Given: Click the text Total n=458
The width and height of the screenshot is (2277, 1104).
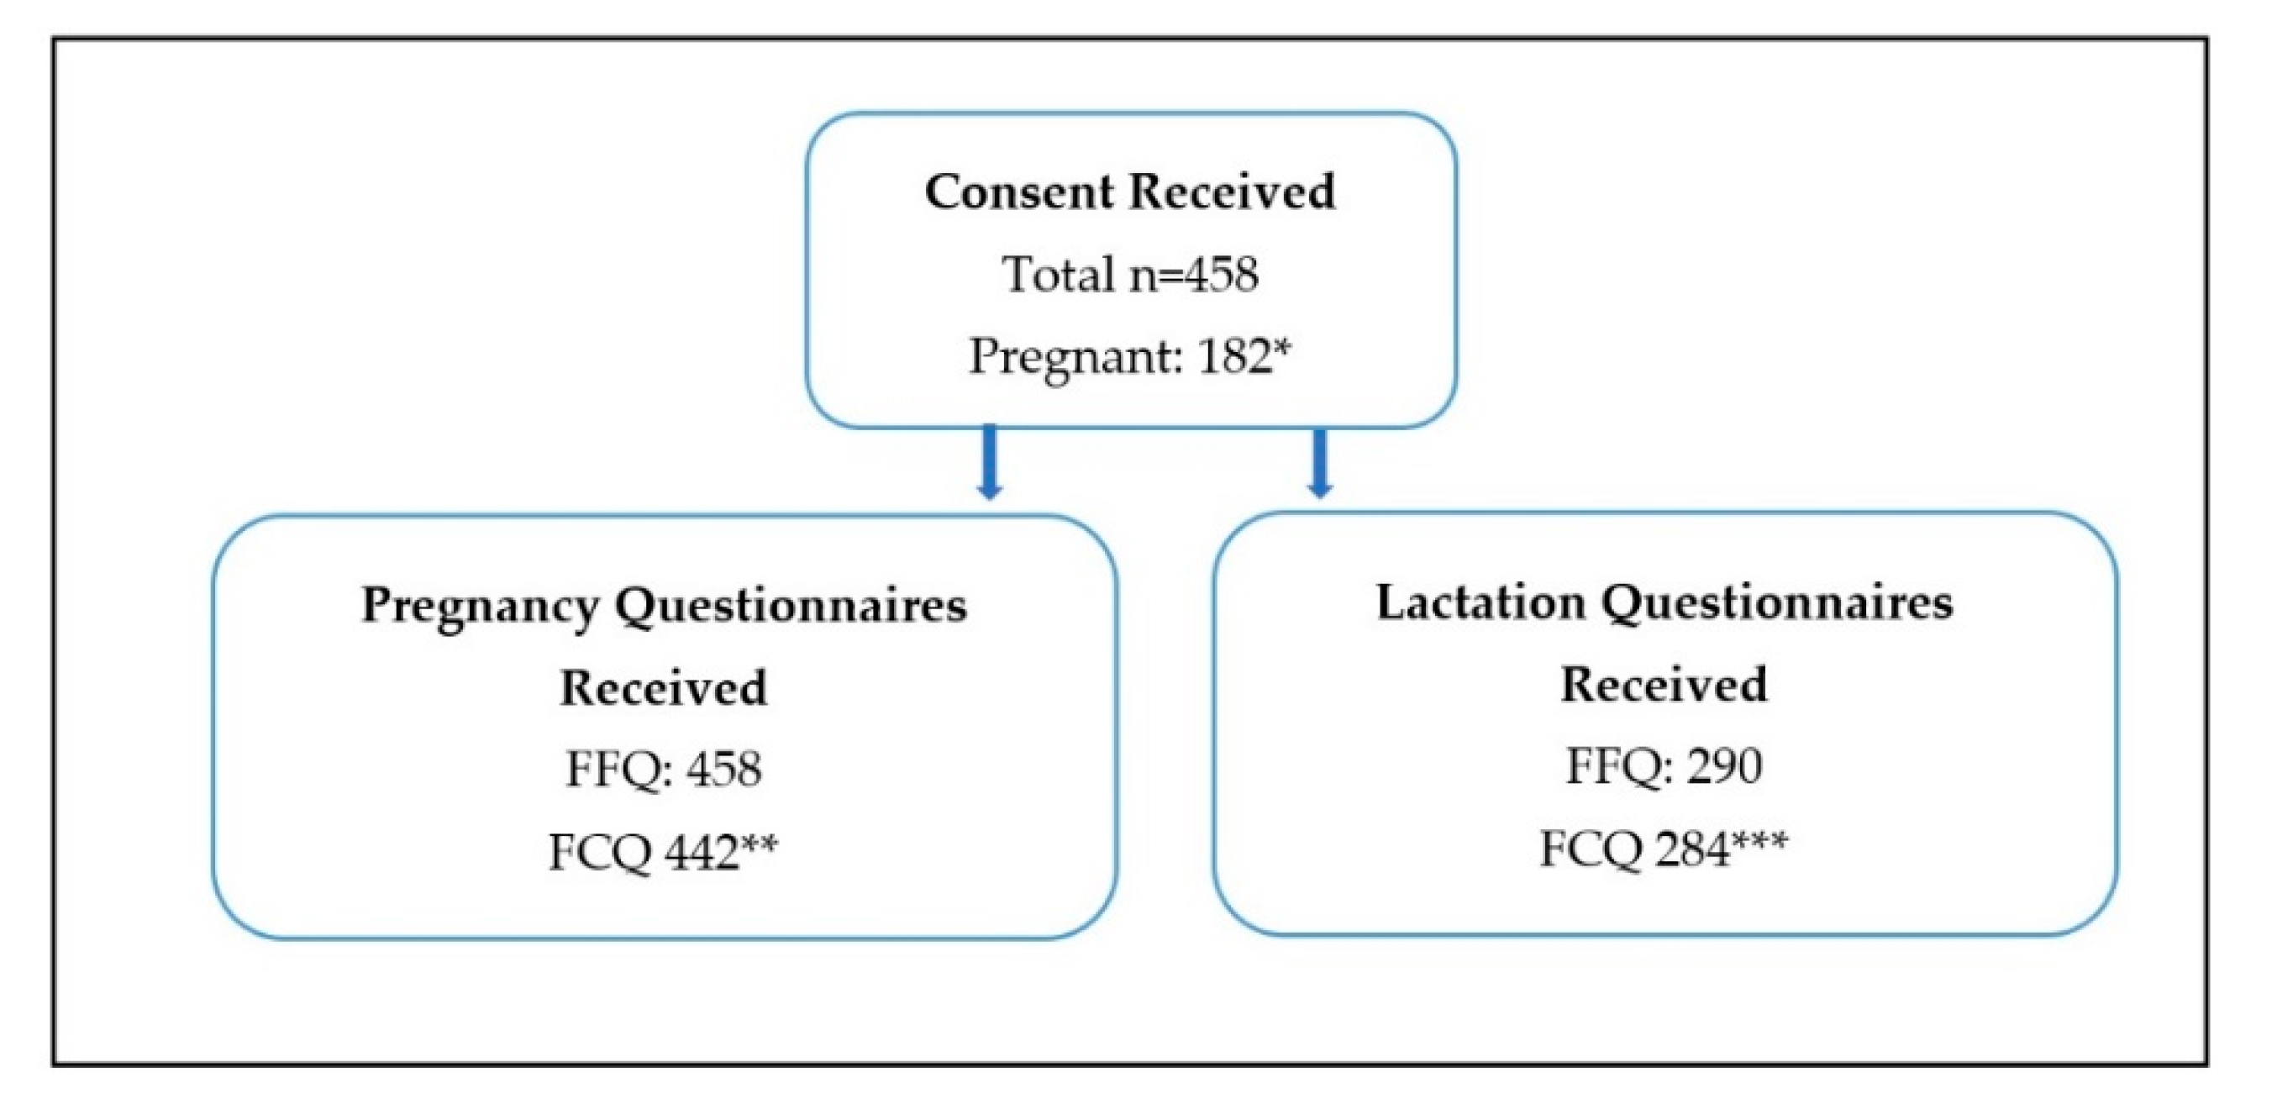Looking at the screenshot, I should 1129,274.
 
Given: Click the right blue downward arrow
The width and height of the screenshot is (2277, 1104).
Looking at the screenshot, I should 1319,464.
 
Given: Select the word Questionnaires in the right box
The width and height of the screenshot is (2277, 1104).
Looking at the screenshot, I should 1779,604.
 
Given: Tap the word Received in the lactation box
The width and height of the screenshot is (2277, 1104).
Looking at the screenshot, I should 1663,685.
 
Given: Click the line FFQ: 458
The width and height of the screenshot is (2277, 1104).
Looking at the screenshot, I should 663,769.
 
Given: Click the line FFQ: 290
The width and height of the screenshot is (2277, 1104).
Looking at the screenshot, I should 1663,766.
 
